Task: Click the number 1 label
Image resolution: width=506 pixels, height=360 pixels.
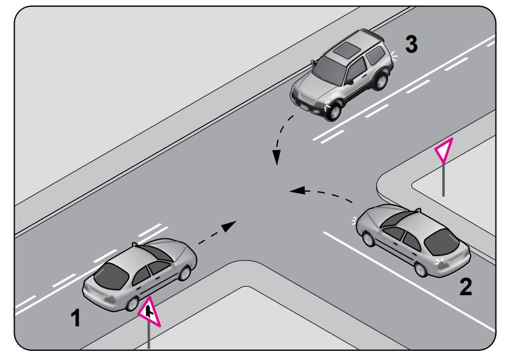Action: coord(76,318)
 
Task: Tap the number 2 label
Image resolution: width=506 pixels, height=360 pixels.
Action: coord(466,287)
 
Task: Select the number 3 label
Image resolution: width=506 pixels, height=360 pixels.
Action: coord(411,43)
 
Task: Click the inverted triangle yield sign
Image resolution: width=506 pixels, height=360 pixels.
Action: coord(444,150)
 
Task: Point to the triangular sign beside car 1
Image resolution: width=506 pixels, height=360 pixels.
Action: coord(149,312)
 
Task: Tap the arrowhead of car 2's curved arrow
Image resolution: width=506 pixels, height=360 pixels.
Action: coord(298,190)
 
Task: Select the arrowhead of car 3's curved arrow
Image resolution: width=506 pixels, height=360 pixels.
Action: coord(276,157)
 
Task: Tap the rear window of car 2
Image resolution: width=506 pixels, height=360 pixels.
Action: coord(441,242)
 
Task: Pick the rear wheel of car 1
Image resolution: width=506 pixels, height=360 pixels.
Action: coord(133,304)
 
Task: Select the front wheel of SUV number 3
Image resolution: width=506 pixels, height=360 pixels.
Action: coord(334,111)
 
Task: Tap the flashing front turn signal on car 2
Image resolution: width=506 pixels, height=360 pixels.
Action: coord(355,221)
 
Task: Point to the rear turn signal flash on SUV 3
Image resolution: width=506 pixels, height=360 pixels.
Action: coord(394,56)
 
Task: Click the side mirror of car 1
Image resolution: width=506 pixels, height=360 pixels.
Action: coord(135,244)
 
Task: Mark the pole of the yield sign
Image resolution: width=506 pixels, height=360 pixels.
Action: coord(444,180)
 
